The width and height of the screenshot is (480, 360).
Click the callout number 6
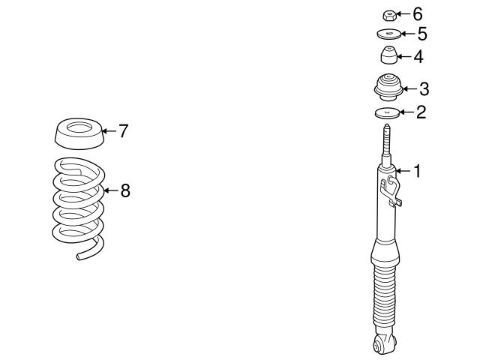click(418, 13)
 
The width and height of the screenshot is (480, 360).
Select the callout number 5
click(421, 34)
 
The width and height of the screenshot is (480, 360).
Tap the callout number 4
click(418, 56)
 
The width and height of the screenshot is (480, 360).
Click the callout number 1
click(416, 172)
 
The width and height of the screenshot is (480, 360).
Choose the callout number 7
click(124, 131)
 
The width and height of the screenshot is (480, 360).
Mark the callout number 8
click(125, 190)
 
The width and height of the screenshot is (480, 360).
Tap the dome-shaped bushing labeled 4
click(388, 56)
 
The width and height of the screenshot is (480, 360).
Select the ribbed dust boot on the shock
click(382, 292)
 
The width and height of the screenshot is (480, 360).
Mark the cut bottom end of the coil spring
click(81, 256)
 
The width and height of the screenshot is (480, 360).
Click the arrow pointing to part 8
click(111, 190)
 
